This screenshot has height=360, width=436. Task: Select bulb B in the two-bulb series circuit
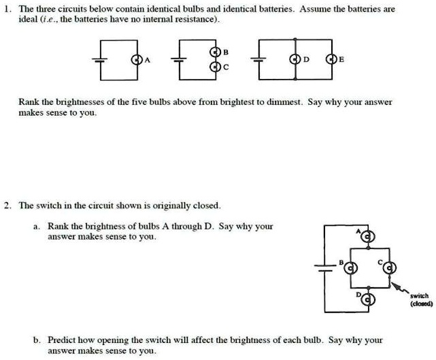point(216,52)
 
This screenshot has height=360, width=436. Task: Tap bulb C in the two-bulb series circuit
point(216,66)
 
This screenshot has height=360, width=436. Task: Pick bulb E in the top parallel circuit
point(333,59)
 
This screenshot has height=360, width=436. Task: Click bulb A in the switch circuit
point(368,236)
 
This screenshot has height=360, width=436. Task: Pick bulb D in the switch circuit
point(368,298)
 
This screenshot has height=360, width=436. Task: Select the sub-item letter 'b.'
point(35,340)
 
